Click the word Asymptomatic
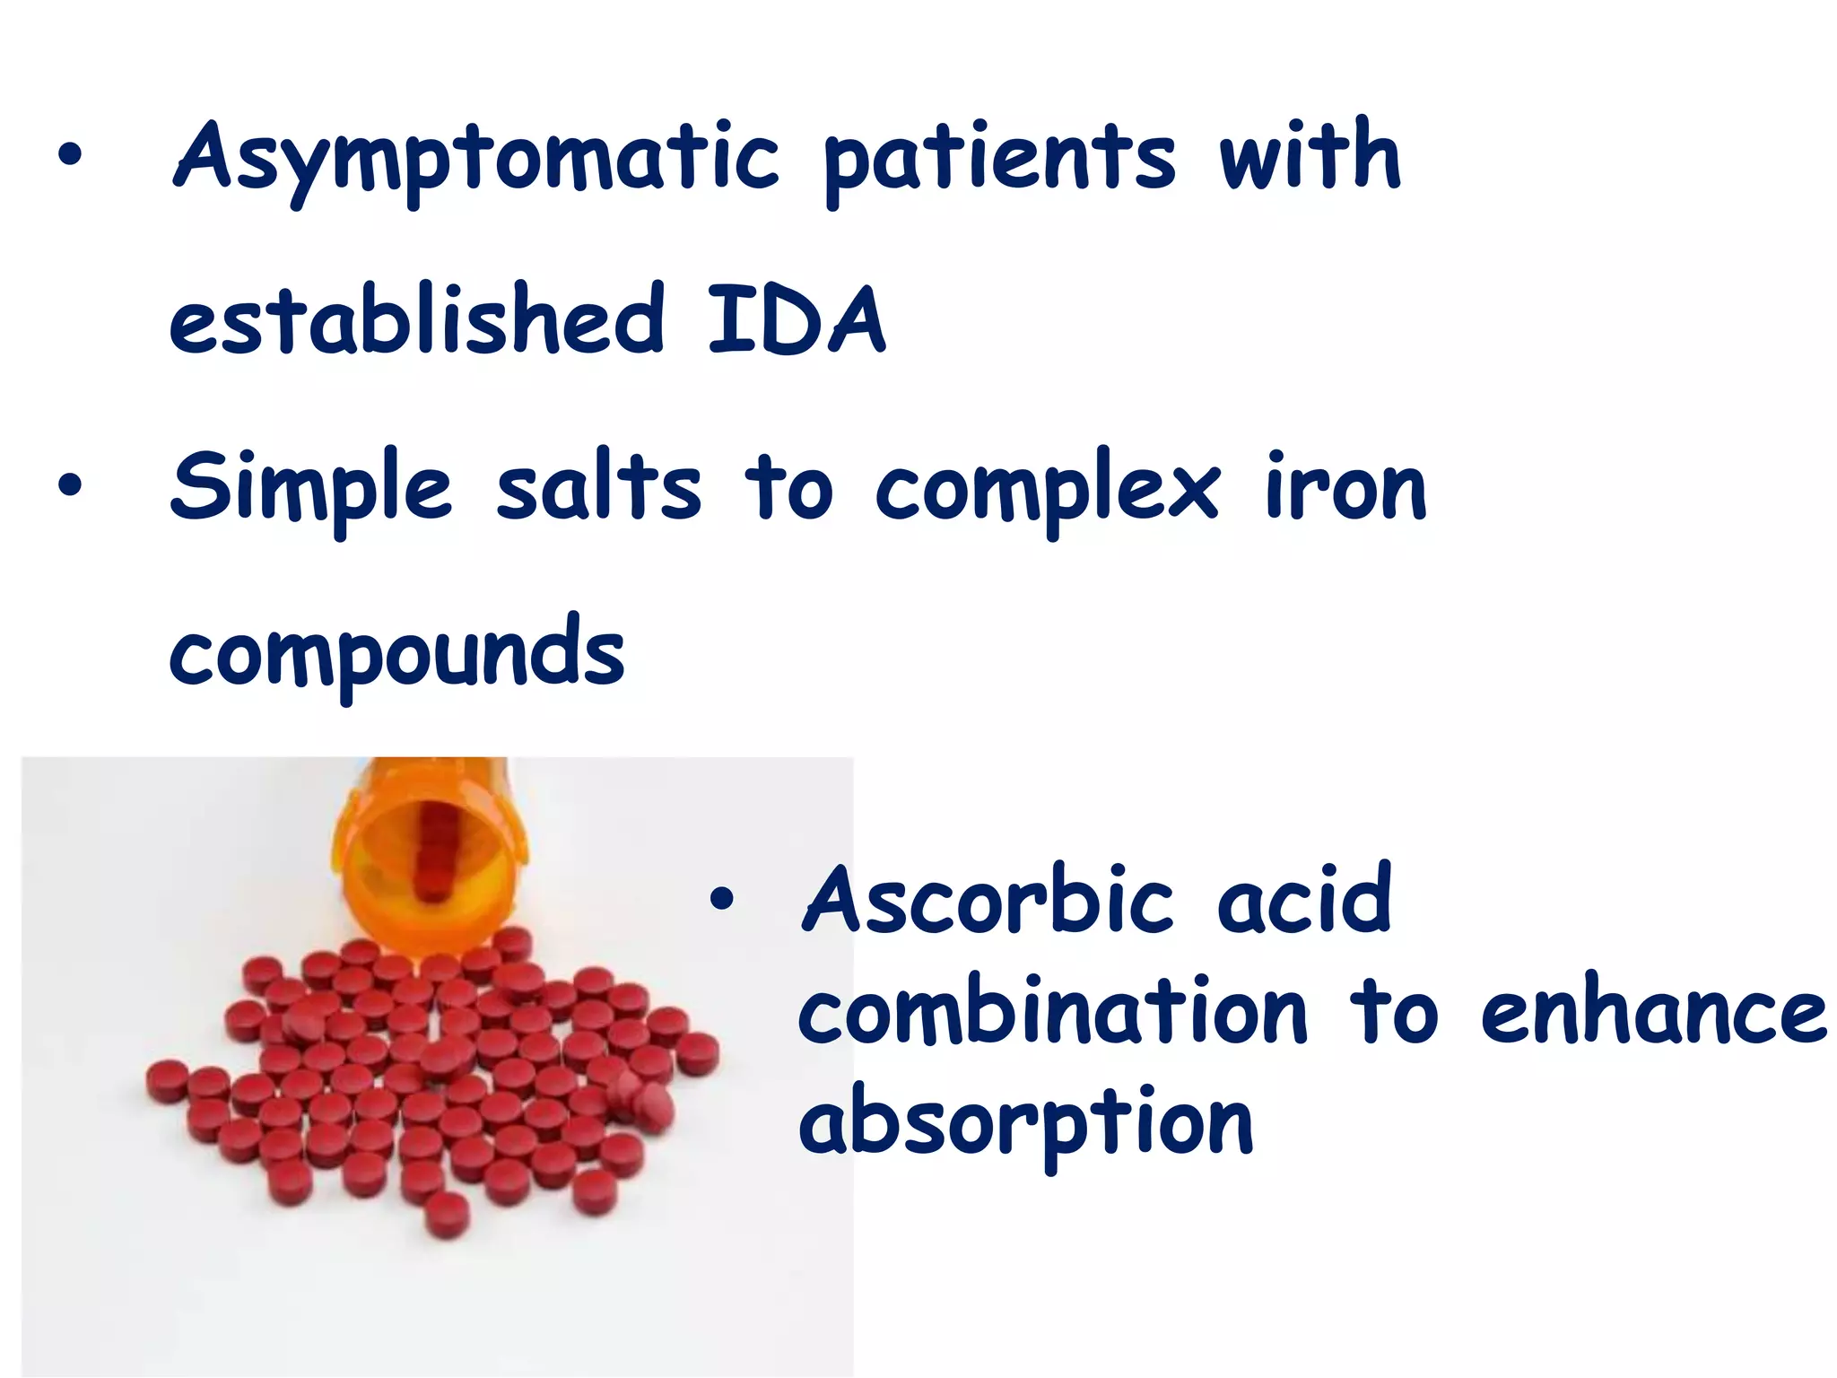[x=475, y=160]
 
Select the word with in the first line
[x=1309, y=156]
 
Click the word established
[x=417, y=318]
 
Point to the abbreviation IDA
[x=797, y=318]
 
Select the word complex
[x=1047, y=492]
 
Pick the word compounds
[x=396, y=655]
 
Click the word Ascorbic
[x=987, y=900]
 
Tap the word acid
[x=1304, y=900]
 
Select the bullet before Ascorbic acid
[x=721, y=900]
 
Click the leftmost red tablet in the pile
[x=168, y=1079]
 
